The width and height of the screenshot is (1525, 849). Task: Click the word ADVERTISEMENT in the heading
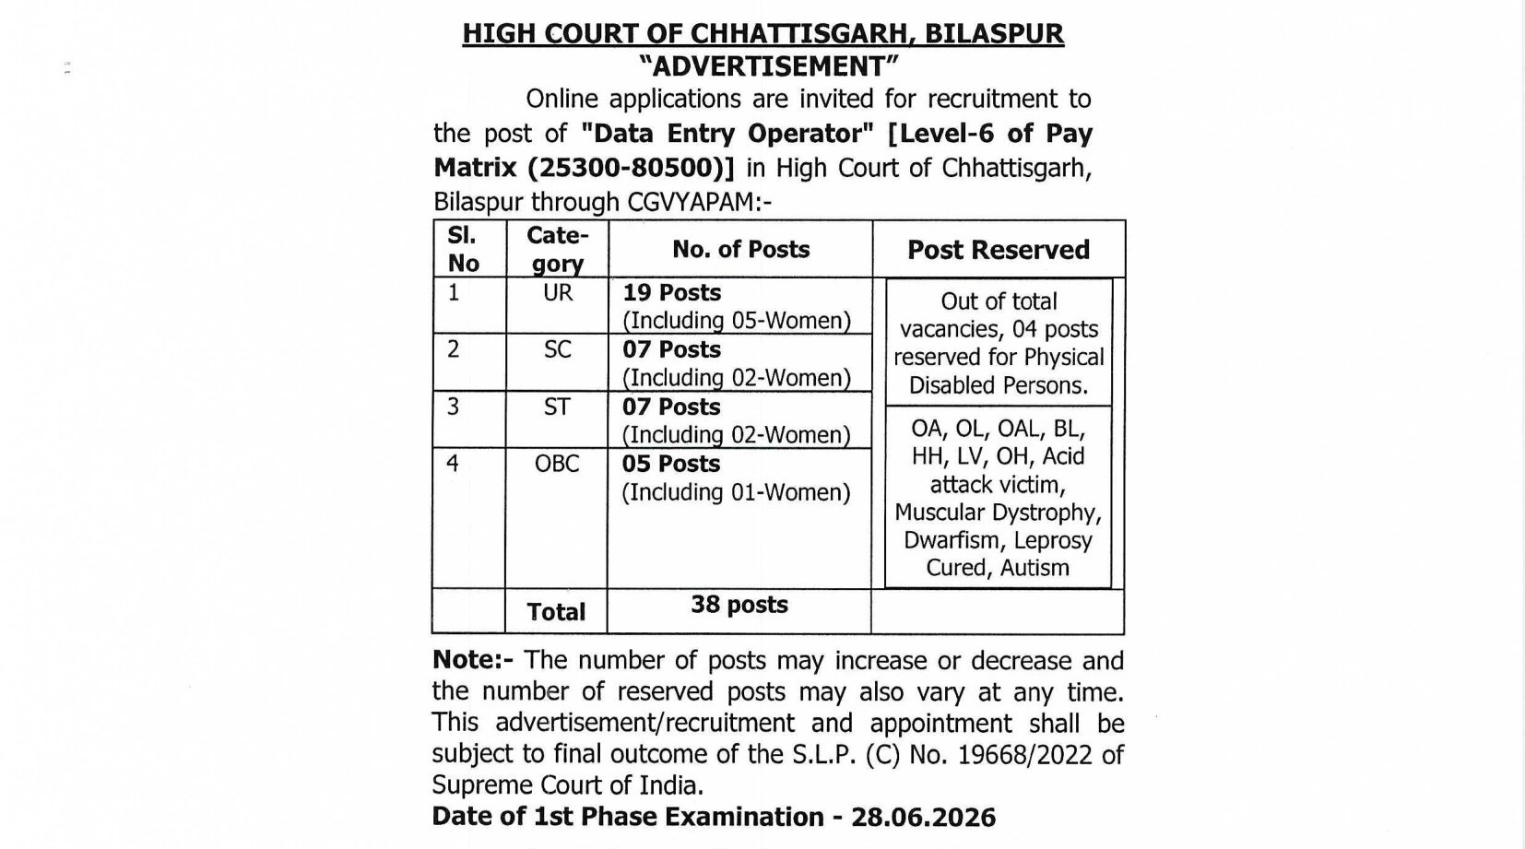pos(768,66)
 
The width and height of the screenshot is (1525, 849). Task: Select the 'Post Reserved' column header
pos(999,250)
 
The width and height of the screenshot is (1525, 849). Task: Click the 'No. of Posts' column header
pos(740,249)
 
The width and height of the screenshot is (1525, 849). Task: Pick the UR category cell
pos(558,293)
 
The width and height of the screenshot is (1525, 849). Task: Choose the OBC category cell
pos(557,463)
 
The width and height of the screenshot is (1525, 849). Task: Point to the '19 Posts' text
pos(671,292)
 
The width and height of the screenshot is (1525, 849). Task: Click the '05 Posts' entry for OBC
pos(670,464)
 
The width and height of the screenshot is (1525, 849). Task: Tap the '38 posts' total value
pos(739,605)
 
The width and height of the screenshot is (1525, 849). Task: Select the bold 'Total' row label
pos(556,612)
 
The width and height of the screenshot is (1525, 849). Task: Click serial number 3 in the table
pos(453,407)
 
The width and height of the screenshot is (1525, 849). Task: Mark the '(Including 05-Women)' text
pos(736,321)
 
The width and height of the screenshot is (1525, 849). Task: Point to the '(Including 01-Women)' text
pos(736,492)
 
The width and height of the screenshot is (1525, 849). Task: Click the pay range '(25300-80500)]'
pos(632,168)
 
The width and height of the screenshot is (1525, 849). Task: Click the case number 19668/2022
pos(1025,755)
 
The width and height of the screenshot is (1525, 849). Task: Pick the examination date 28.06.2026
pos(923,818)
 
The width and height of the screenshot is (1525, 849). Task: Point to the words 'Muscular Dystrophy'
pos(998,513)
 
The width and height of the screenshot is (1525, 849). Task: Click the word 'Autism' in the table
pos(1034,568)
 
